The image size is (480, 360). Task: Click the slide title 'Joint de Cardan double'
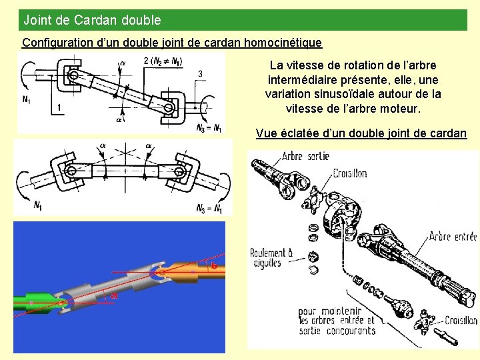92,20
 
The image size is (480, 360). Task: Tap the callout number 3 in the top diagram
200,73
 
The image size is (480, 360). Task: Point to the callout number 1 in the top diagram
59,107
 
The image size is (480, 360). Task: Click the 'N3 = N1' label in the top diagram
209,127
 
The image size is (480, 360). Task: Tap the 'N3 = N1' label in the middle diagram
209,209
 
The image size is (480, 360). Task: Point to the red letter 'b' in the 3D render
214,266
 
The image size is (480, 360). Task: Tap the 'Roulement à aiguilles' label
271,258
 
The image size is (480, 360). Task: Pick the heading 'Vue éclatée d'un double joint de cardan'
361,133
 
